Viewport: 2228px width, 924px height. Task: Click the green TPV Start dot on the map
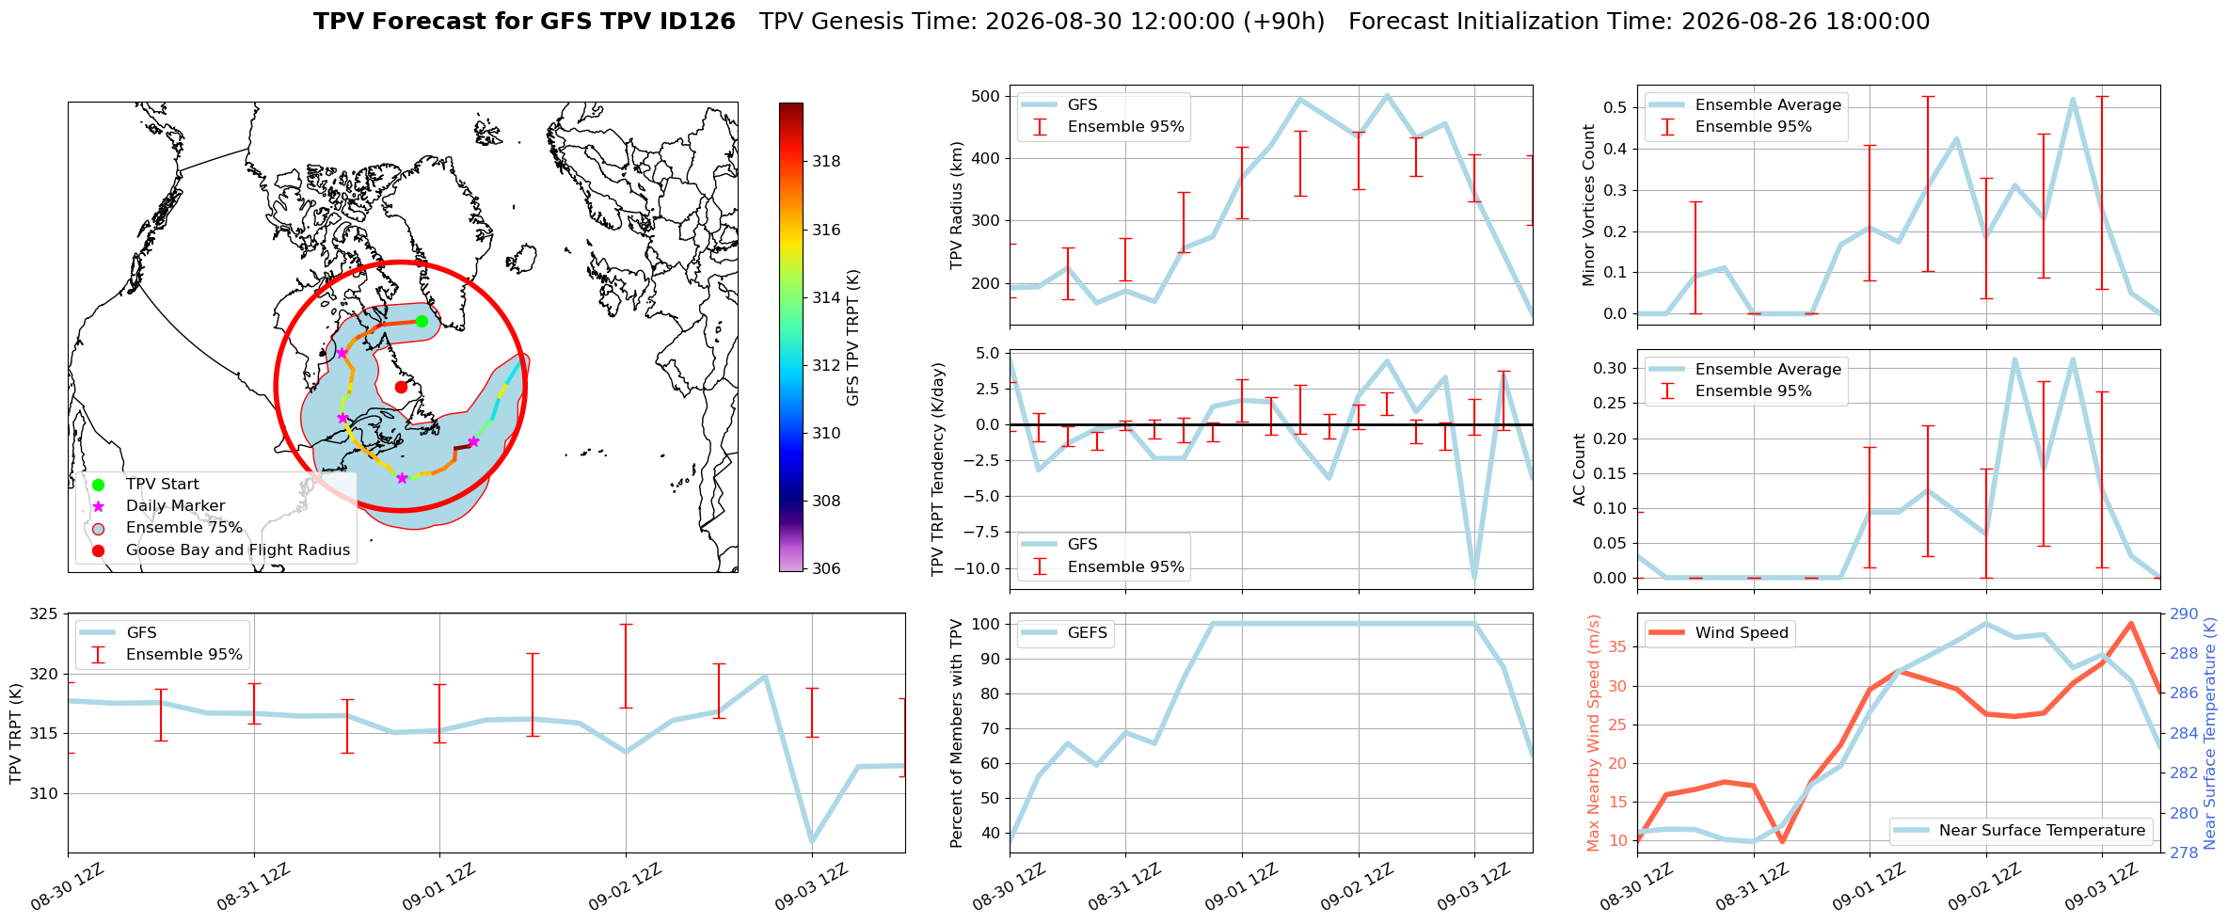click(422, 322)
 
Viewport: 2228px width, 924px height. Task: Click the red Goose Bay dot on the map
click(401, 387)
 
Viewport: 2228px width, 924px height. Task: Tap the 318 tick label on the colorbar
click(827, 161)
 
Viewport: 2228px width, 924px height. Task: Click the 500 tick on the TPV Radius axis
click(985, 96)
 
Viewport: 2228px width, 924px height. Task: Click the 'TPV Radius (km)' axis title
click(957, 205)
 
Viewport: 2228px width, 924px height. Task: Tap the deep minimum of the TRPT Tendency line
click(1473, 578)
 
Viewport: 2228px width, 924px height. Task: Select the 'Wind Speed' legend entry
click(1720, 633)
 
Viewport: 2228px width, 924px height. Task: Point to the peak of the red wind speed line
click(2130, 623)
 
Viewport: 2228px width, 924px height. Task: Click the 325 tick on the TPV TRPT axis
click(44, 614)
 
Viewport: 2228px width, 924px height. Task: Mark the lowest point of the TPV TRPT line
click(811, 842)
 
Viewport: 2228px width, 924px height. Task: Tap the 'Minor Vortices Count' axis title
click(1589, 205)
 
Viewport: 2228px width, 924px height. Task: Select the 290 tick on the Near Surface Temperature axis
click(2185, 614)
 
